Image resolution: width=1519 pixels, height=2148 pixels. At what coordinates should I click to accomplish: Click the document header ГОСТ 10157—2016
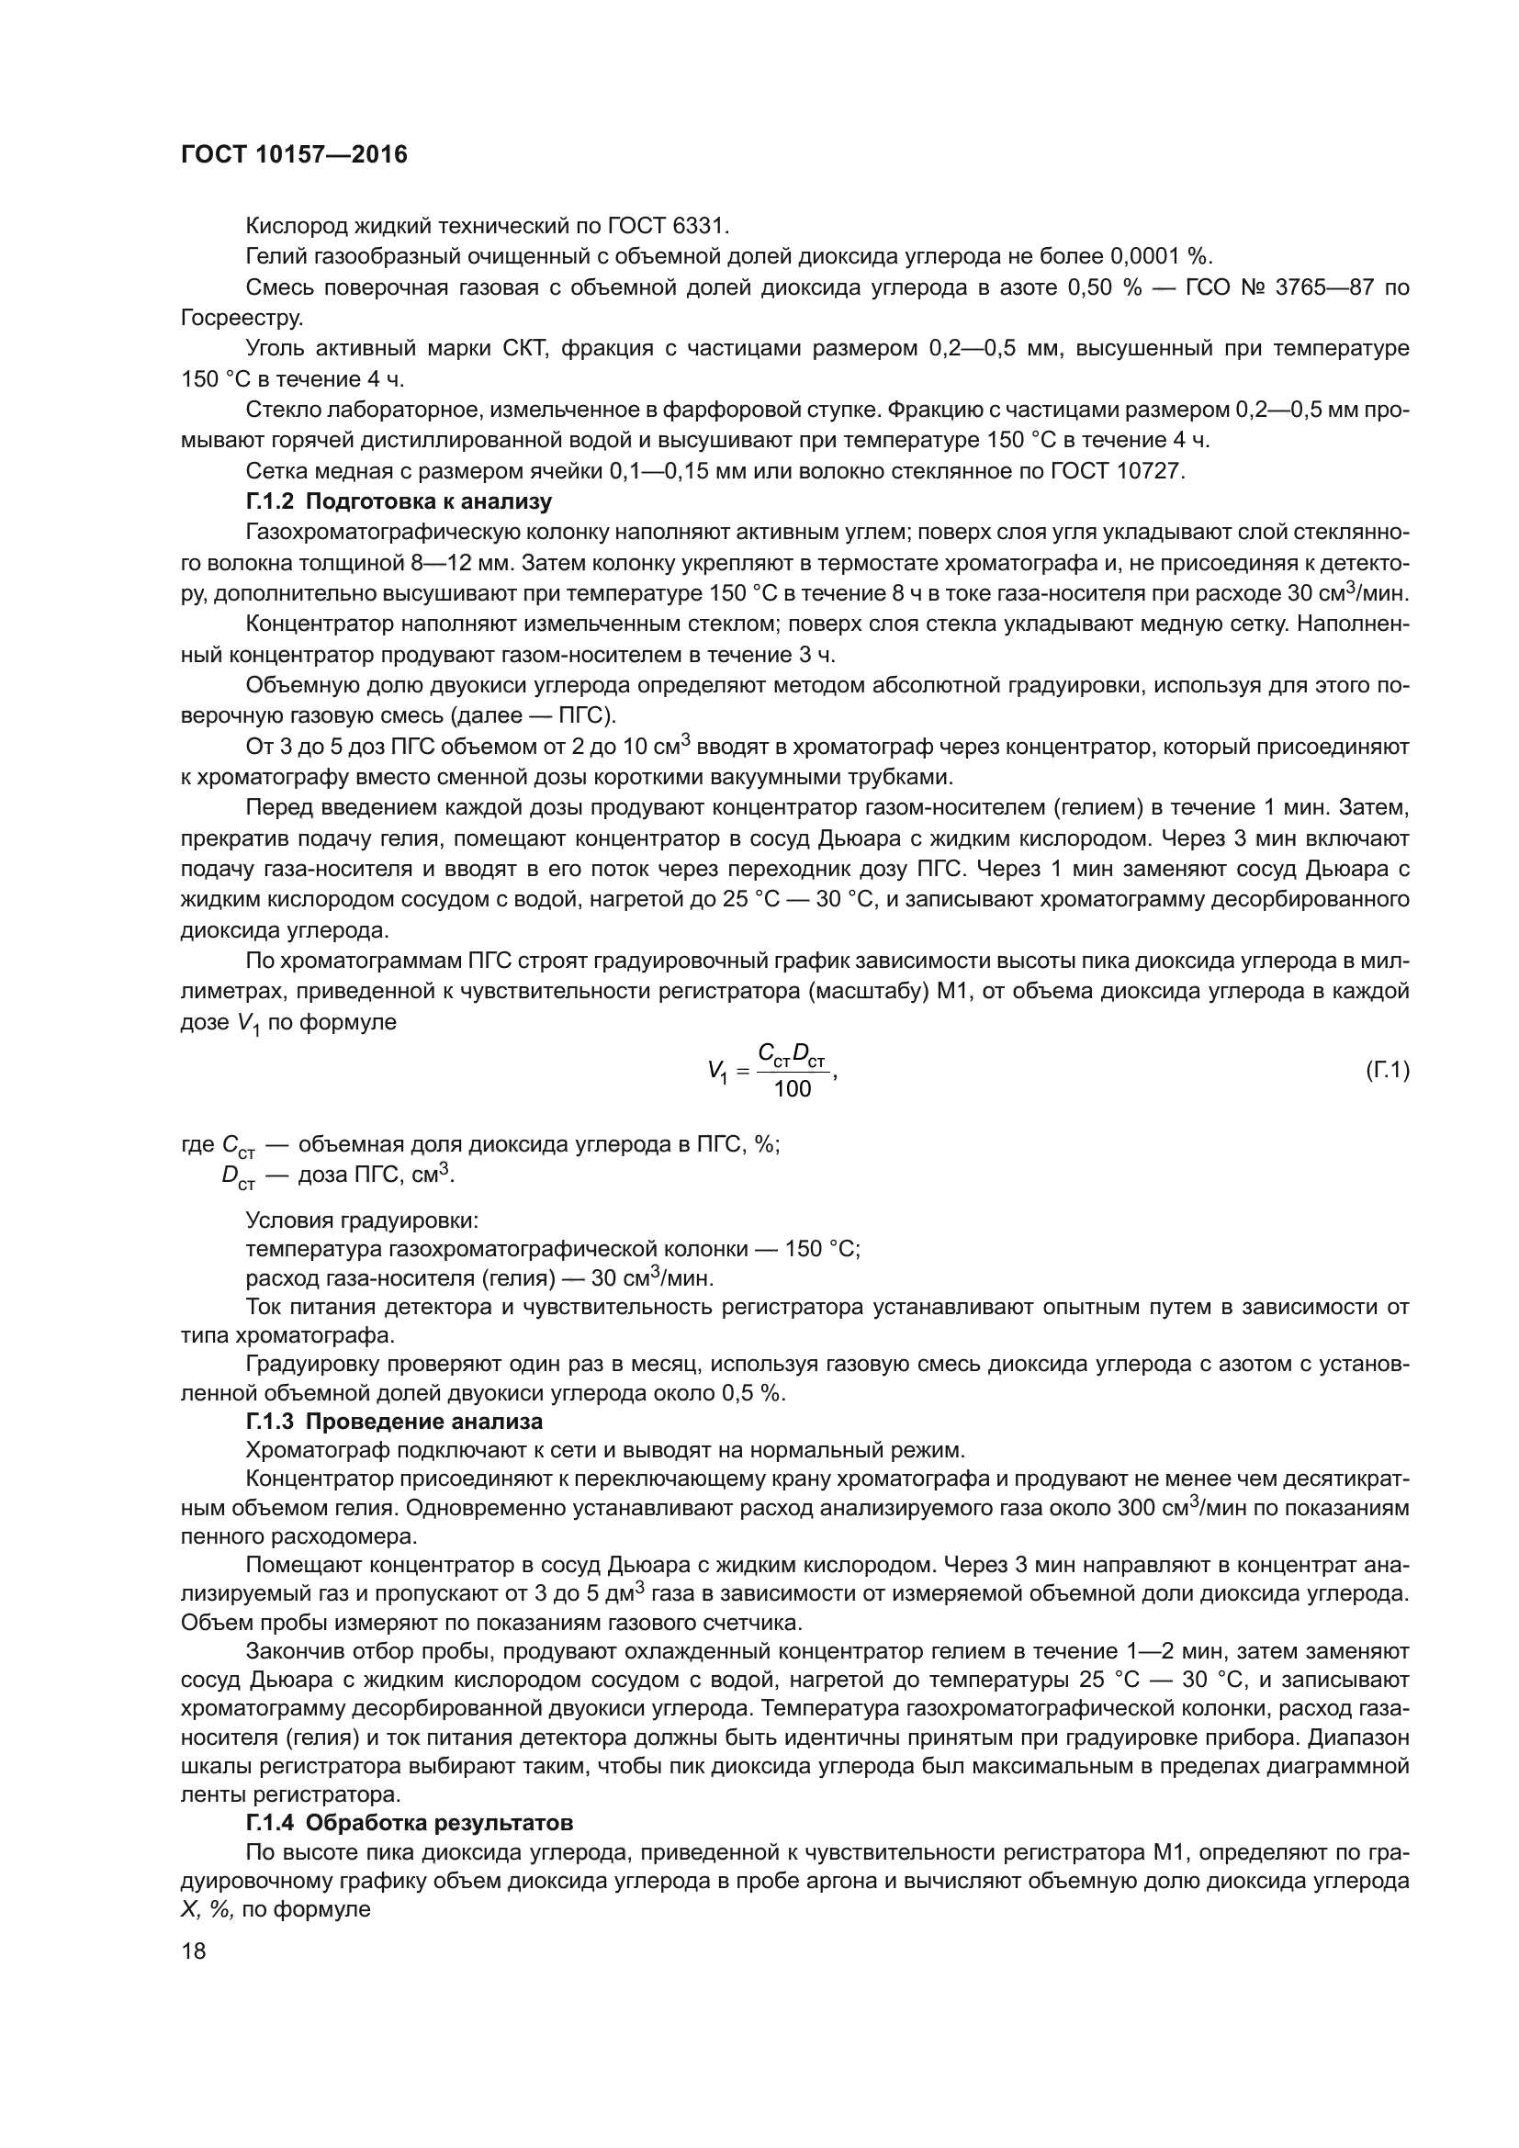pos(294,155)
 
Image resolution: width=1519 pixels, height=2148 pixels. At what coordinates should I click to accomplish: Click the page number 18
pos(194,1951)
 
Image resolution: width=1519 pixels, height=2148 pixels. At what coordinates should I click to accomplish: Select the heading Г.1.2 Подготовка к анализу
pos(399,502)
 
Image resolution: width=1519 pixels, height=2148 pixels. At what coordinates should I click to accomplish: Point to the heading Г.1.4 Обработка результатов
pos(410,1850)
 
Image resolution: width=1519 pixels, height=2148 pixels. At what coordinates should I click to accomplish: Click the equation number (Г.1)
pos(1387,1070)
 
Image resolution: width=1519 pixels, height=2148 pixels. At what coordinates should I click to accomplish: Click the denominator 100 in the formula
pos(793,1089)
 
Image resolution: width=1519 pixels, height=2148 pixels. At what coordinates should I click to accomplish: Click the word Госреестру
pos(242,318)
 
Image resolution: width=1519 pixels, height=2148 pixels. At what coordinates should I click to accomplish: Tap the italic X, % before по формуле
pos(207,1910)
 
